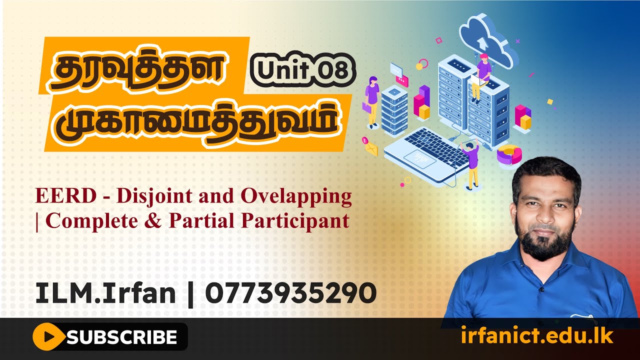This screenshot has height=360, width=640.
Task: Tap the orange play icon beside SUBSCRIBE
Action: pos(48,337)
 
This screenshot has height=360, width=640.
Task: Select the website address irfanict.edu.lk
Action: pos(537,336)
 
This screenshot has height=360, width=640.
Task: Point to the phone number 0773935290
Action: pos(290,293)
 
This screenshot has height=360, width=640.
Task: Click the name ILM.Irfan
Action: pos(105,293)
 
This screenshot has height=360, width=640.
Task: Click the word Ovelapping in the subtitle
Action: pos(296,196)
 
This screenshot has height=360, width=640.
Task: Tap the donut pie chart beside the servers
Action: pos(509,154)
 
